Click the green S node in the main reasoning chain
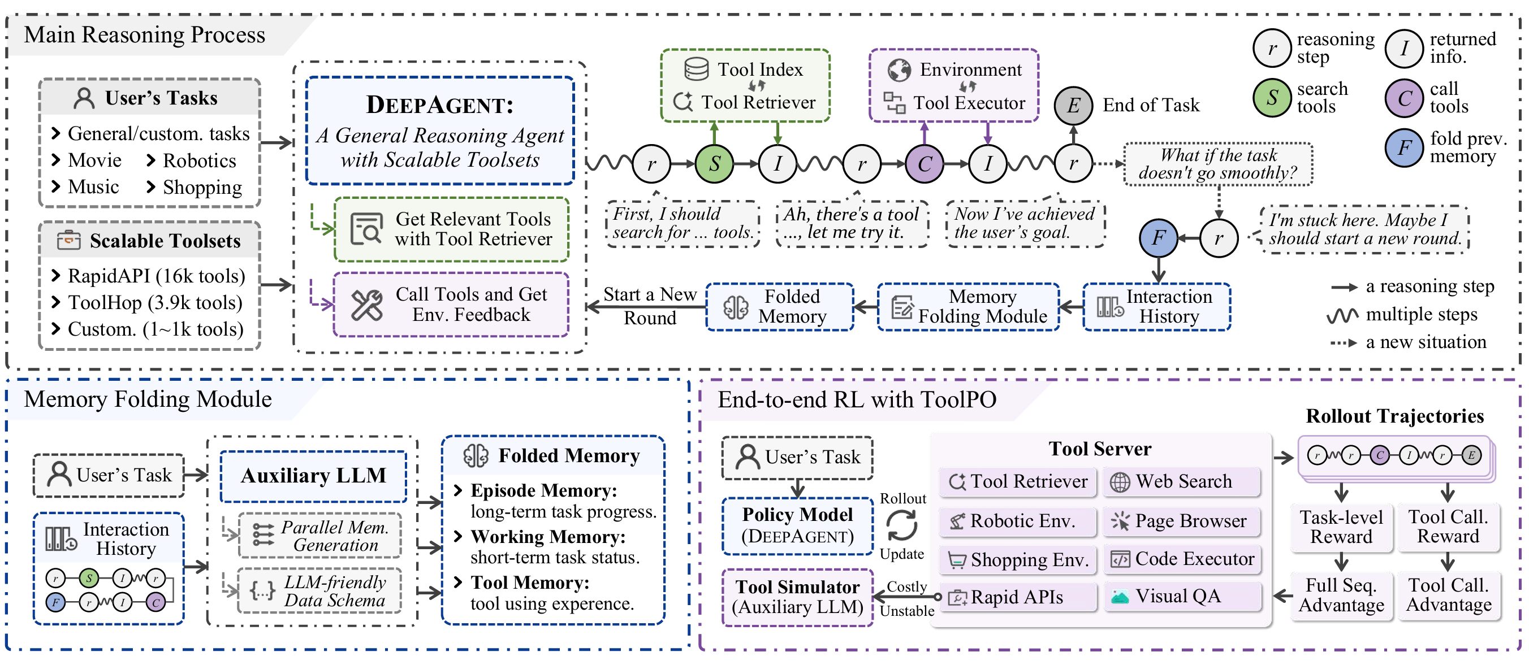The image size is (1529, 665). pyautogui.click(x=714, y=164)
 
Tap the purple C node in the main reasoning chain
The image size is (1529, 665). pyautogui.click(x=924, y=164)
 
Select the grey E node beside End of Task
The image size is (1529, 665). pyautogui.click(x=1073, y=106)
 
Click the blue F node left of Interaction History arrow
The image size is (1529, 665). pyautogui.click(x=1158, y=238)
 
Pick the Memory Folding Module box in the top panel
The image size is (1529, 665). pyautogui.click(x=968, y=307)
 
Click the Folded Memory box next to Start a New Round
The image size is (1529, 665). pyautogui.click(x=779, y=307)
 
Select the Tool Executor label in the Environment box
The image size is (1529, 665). pyautogui.click(x=968, y=103)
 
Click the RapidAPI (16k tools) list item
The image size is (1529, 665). pyautogui.click(x=156, y=276)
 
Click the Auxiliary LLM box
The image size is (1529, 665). pyautogui.click(x=313, y=476)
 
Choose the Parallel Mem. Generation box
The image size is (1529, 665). pyautogui.click(x=321, y=536)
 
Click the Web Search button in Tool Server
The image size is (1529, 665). pyautogui.click(x=1182, y=482)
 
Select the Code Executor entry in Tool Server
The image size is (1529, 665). pyautogui.click(x=1182, y=559)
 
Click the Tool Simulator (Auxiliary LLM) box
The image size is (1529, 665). pyautogui.click(x=797, y=597)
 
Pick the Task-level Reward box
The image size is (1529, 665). pyautogui.click(x=1341, y=527)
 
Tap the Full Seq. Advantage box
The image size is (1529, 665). pyautogui.click(x=1341, y=595)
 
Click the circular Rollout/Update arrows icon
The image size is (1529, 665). pyautogui.click(x=901, y=526)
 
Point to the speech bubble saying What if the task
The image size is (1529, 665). pyautogui.click(x=1217, y=164)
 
